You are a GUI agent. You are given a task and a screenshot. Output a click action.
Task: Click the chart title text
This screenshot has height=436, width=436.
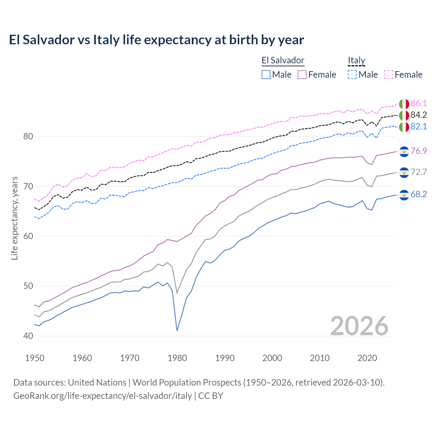(156, 40)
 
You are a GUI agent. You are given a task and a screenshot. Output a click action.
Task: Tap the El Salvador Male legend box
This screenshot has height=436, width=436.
(266, 75)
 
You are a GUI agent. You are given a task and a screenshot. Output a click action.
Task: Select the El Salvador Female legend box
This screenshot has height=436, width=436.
(302, 75)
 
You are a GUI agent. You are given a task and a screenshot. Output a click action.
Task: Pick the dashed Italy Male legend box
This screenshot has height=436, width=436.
(352, 75)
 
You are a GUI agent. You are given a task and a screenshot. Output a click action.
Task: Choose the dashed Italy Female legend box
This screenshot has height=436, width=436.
(389, 75)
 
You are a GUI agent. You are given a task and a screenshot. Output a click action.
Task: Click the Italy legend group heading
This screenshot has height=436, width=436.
(356, 61)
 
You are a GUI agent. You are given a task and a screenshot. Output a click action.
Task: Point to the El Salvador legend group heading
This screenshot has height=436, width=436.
(283, 61)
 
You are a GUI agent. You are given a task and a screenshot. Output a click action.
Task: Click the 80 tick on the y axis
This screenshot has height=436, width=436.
(28, 137)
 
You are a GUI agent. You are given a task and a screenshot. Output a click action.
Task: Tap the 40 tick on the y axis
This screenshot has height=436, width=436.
(28, 336)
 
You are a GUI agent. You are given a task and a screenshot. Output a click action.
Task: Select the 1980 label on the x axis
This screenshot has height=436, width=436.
(177, 358)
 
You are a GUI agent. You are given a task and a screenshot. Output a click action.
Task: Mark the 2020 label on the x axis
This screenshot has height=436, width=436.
(368, 358)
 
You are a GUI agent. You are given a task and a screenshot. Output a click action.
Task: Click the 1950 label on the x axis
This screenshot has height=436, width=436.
(35, 358)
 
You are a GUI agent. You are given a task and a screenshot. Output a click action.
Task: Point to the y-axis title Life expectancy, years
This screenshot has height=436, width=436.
(15, 218)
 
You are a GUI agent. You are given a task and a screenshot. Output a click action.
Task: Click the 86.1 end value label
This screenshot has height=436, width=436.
(419, 104)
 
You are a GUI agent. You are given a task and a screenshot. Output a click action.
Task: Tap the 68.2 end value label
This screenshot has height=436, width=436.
(419, 194)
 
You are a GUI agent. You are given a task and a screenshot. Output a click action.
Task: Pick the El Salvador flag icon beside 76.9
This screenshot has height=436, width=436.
(404, 151)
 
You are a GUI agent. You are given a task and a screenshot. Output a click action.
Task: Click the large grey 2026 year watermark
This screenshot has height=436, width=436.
(359, 326)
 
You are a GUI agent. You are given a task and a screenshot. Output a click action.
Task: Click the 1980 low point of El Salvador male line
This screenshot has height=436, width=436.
(177, 330)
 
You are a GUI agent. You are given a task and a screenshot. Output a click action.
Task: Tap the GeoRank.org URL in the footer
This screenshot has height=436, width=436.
(103, 396)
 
